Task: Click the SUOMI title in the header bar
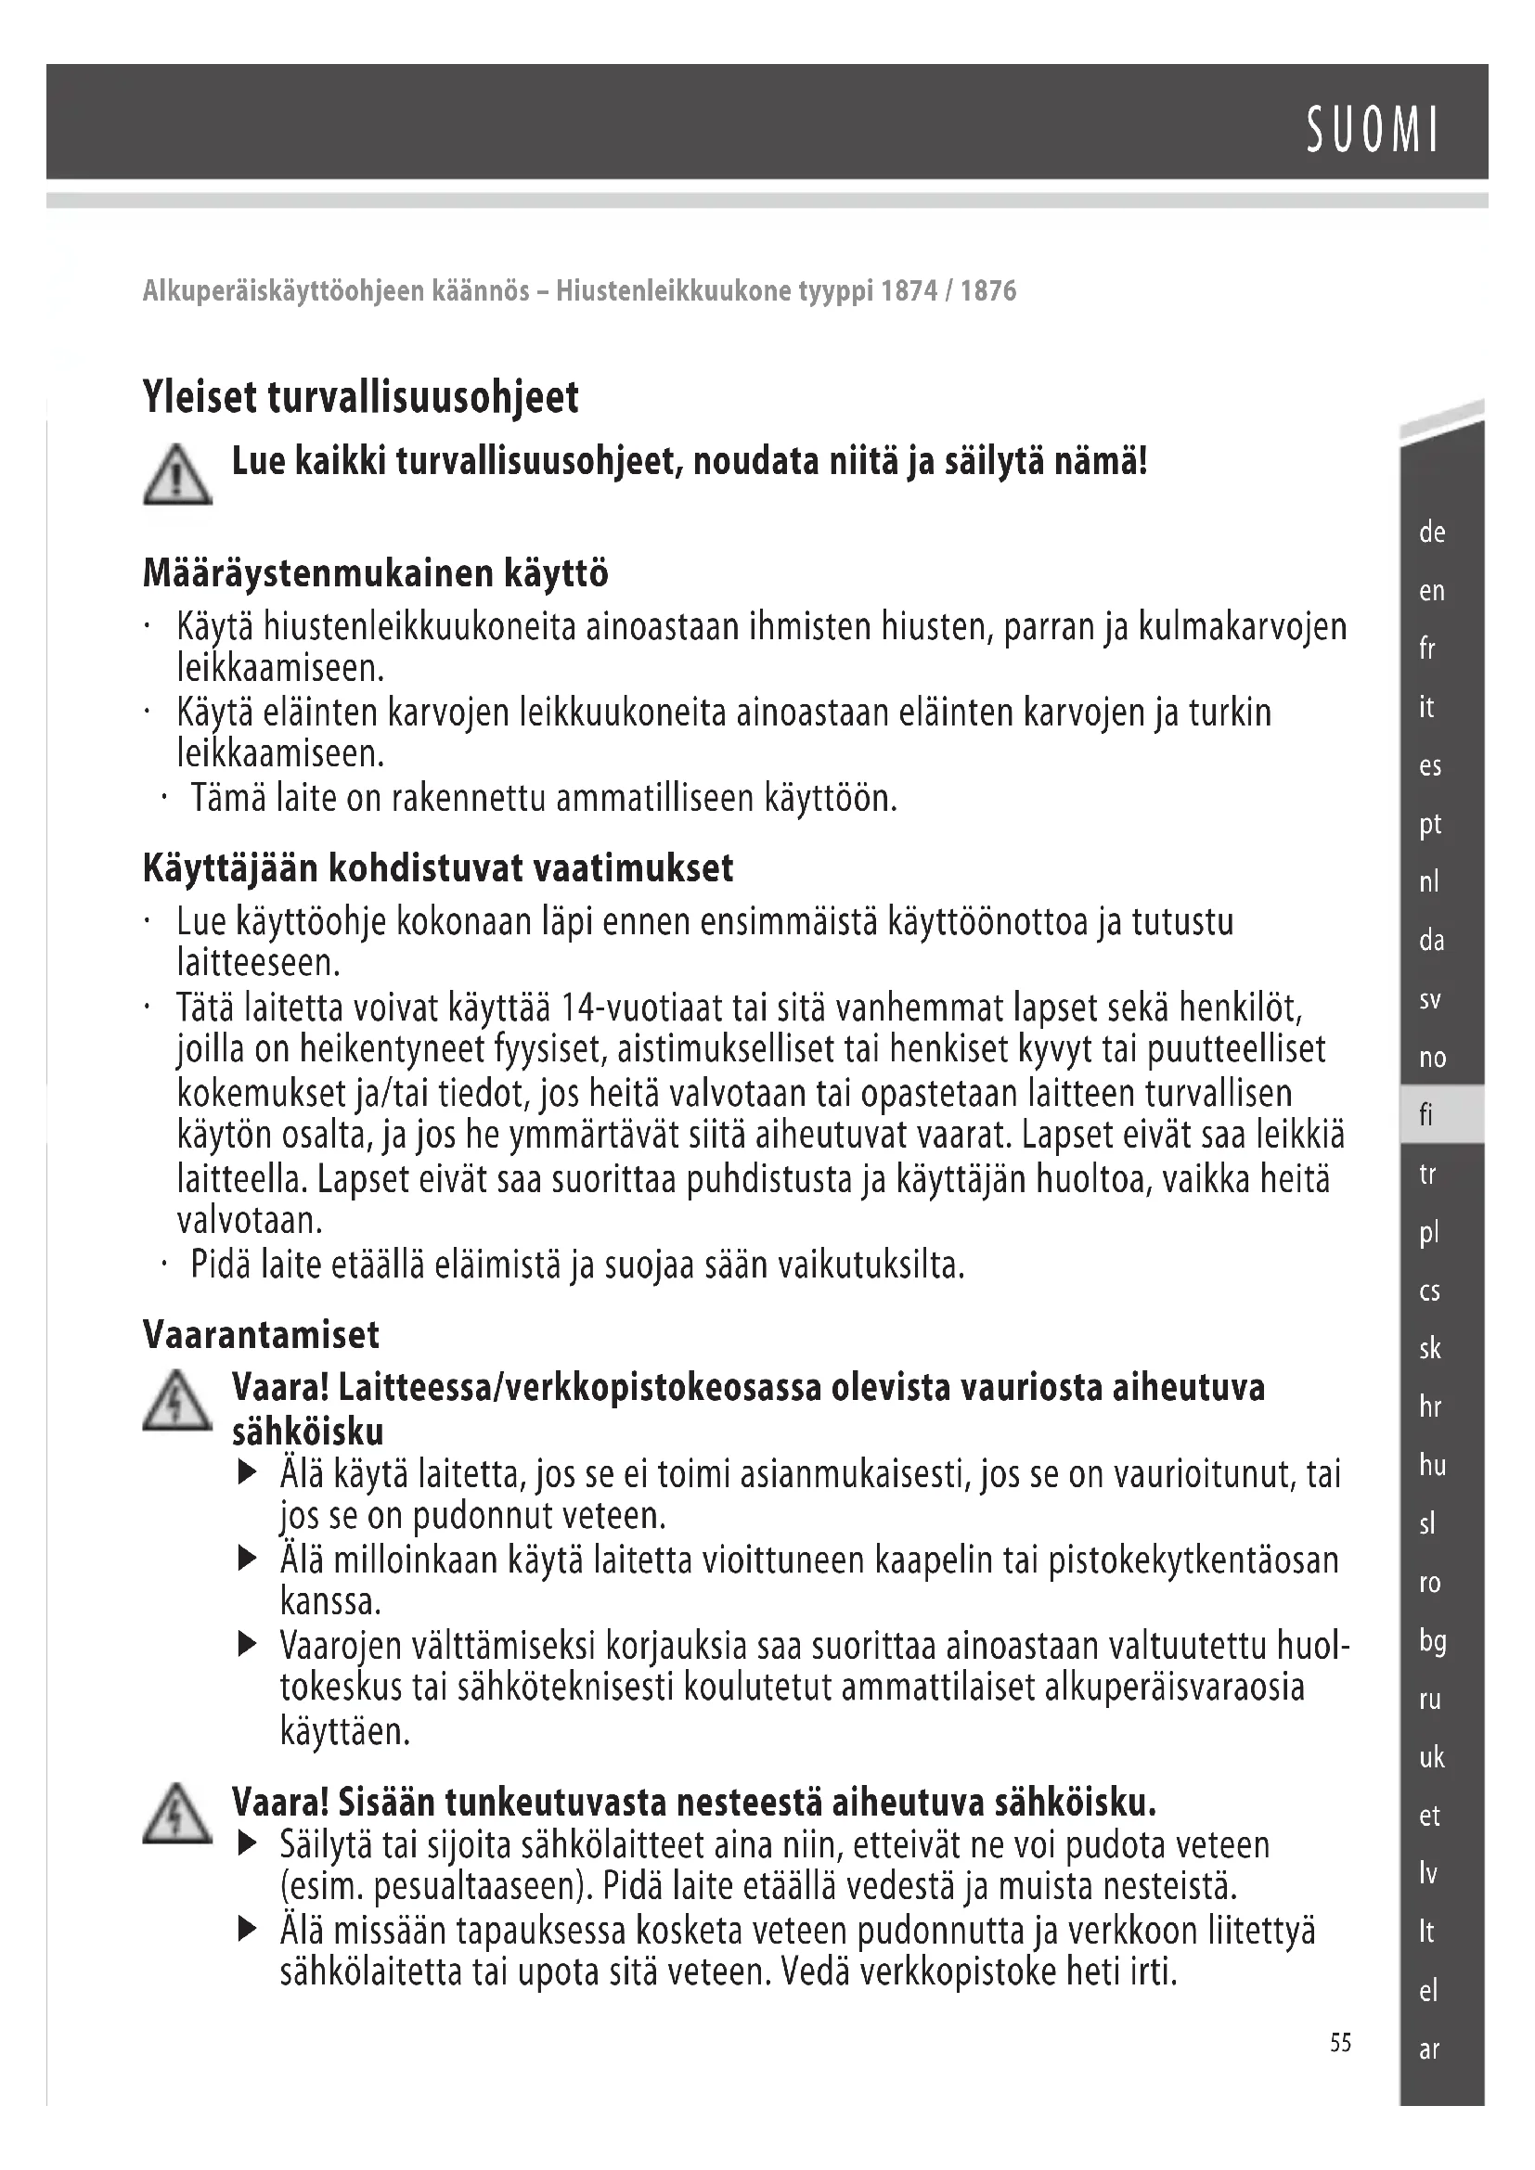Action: pos(1373,130)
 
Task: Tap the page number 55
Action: pos(1340,2043)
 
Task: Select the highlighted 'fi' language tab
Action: pos(1427,1115)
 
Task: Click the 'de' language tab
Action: pos(1432,533)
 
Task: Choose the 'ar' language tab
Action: pos(1429,2050)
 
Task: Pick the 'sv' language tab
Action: pos(1430,999)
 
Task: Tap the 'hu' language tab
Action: pos(1432,1466)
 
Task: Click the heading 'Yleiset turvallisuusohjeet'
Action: pos(360,397)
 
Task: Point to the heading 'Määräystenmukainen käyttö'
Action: pos(375,573)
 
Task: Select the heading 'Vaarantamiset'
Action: pos(261,1334)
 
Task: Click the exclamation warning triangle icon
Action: pos(177,476)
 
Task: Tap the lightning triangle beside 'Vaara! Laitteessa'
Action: pos(177,1401)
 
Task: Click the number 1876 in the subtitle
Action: pos(987,290)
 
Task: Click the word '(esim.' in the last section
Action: pos(321,1887)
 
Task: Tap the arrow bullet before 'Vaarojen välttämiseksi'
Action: pos(248,1646)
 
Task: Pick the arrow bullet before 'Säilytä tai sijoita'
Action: pos(248,1843)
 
